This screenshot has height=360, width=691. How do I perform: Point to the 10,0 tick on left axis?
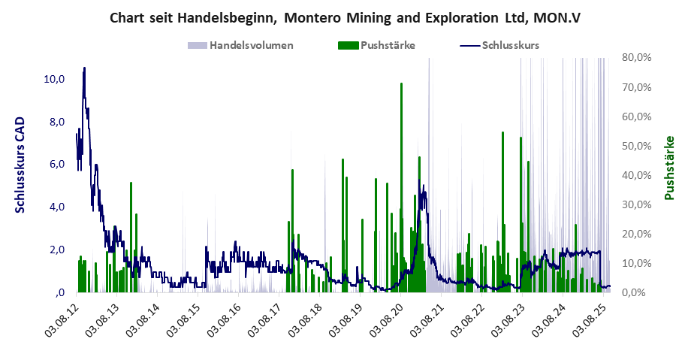point(55,79)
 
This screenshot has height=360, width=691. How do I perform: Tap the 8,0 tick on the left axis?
point(57,122)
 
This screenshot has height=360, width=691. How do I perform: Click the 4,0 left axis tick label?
point(57,207)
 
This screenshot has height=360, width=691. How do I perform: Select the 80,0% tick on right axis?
point(635,57)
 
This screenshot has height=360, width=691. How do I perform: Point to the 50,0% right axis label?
point(635,146)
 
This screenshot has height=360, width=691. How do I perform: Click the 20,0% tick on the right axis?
point(635,234)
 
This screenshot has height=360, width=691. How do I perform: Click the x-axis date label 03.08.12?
point(63,319)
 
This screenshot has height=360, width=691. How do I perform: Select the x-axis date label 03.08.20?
point(386,319)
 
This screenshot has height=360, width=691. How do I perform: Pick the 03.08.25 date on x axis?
point(588,319)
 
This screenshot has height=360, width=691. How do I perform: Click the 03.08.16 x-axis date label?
point(225,319)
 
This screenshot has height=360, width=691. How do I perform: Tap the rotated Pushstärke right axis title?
point(669,168)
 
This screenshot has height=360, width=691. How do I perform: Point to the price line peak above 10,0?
point(84,68)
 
